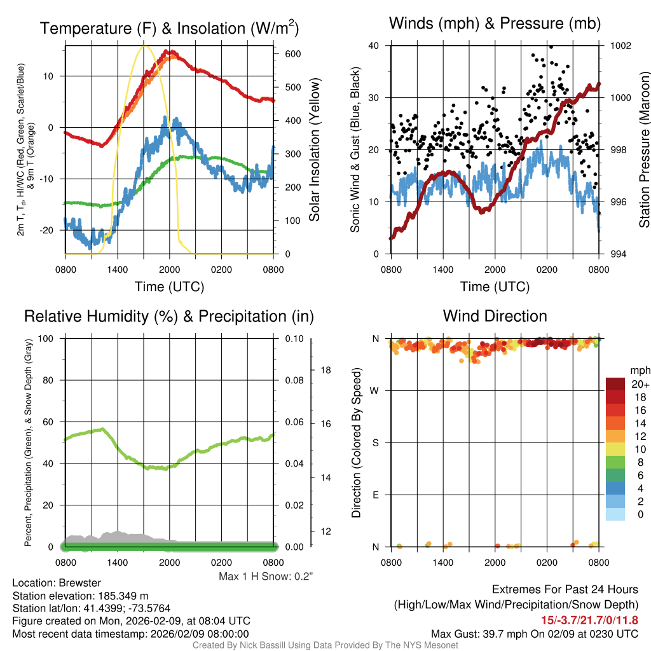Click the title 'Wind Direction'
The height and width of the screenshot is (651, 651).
[x=495, y=316]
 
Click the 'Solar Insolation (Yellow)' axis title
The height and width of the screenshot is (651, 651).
[x=314, y=149]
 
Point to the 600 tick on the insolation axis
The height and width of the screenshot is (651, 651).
[x=291, y=54]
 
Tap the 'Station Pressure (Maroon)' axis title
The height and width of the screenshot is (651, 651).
[x=644, y=149]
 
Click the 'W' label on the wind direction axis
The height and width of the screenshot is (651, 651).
[x=376, y=390]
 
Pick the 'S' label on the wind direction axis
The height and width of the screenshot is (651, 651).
[x=376, y=442]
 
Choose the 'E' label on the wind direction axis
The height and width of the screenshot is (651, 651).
[x=376, y=495]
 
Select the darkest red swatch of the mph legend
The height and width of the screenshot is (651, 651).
[x=616, y=384]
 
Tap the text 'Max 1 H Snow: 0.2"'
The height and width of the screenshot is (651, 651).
[x=266, y=576]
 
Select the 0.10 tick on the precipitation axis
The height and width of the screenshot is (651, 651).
[x=293, y=338]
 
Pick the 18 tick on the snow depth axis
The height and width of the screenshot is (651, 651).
[x=324, y=369]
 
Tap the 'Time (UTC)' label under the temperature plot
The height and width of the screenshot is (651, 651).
[x=169, y=287]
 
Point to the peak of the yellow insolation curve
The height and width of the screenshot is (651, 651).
[x=144, y=46]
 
